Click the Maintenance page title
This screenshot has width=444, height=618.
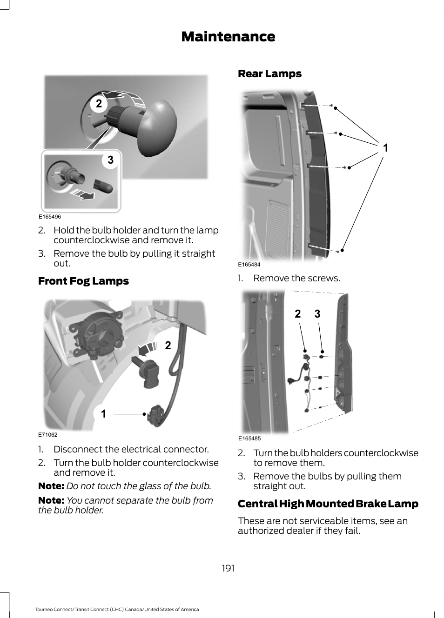coord(228,36)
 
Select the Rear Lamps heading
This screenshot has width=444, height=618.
coord(269,73)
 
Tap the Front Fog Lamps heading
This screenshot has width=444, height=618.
coord(83,281)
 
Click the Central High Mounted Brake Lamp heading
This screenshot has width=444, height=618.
coord(328,504)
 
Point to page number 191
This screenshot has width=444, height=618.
coord(228,568)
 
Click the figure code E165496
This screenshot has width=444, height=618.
coord(50,217)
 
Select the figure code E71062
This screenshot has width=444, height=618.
coord(48,435)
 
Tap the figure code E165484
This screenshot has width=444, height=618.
coord(249,265)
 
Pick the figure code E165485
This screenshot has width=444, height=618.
coord(249,439)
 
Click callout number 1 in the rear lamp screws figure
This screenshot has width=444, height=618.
coord(385,148)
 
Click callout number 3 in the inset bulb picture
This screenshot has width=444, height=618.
coord(110,160)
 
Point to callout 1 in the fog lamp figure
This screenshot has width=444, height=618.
coord(103,413)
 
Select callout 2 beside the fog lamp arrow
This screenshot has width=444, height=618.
coord(168,345)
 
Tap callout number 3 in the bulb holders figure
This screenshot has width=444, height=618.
coord(317,314)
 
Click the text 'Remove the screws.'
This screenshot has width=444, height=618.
coord(296,278)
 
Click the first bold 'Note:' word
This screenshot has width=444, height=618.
coord(51,486)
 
